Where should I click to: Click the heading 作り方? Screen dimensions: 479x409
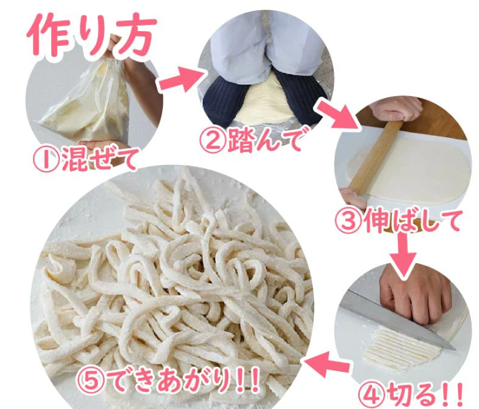click(x=92, y=34)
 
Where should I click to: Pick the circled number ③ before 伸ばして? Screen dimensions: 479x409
click(x=348, y=220)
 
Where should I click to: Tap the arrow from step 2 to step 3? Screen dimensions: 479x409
click(x=338, y=115)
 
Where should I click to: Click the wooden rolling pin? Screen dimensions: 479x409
click(x=374, y=158)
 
